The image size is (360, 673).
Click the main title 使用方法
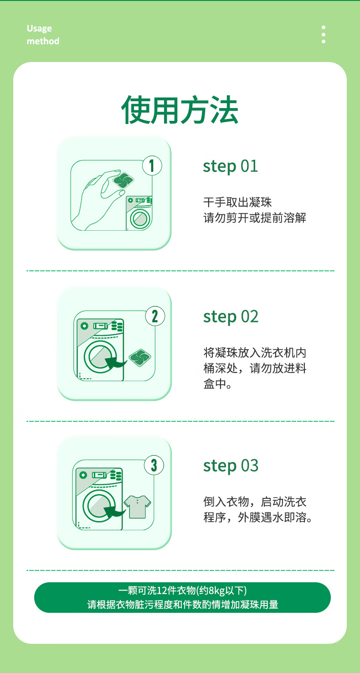click(x=180, y=110)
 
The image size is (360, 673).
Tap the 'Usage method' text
click(x=43, y=35)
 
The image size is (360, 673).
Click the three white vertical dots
click(x=323, y=35)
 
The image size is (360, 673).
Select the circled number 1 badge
click(x=152, y=166)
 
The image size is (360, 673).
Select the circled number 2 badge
click(x=154, y=316)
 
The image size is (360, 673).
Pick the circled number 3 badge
click(x=154, y=466)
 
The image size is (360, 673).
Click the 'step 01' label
click(x=230, y=166)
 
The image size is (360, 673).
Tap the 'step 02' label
click(x=231, y=317)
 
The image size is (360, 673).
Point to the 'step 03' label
click(x=231, y=466)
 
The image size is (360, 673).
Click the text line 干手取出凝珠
click(x=237, y=202)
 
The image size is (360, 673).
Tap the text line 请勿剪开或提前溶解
click(x=255, y=217)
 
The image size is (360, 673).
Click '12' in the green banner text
click(x=162, y=590)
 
